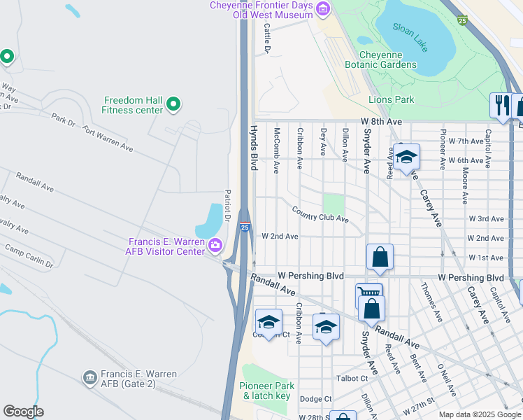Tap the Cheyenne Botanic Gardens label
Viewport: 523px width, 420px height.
(x=387, y=59)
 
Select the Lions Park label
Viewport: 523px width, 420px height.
(x=391, y=100)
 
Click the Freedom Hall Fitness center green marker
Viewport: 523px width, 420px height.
(x=173, y=105)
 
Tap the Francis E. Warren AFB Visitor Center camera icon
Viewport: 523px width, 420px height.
(x=215, y=245)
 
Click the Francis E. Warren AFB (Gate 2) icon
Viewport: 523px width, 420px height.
(x=89, y=378)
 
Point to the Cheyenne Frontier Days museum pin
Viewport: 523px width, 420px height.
(x=322, y=9)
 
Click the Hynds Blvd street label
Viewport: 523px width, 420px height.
(x=254, y=148)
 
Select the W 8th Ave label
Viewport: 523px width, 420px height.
(x=381, y=122)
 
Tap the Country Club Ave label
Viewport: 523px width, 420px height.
(x=320, y=214)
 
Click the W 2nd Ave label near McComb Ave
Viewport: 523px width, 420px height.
(x=280, y=237)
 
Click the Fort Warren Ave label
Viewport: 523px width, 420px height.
(x=107, y=138)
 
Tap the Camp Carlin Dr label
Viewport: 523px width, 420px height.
(x=29, y=256)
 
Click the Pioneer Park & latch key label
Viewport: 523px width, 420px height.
(x=265, y=391)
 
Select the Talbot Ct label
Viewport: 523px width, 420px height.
(x=353, y=378)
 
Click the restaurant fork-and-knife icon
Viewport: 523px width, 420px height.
(x=501, y=105)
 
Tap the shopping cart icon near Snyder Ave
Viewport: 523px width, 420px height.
(x=368, y=293)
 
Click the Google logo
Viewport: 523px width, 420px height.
(x=23, y=412)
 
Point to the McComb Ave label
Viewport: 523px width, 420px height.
(x=277, y=150)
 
